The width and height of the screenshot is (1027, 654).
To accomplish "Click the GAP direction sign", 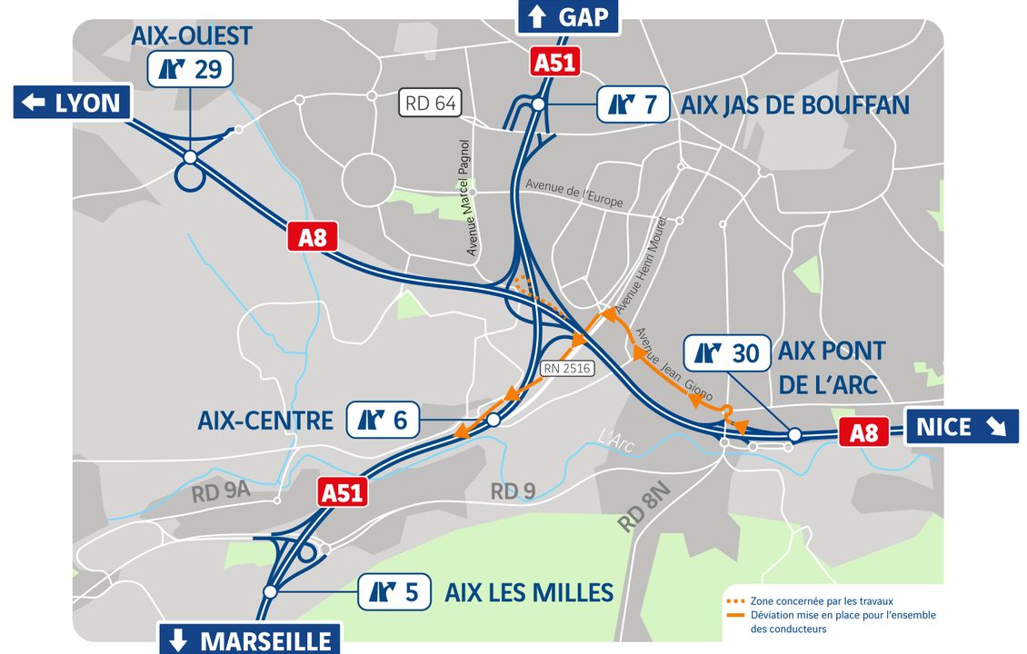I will click(x=568, y=16).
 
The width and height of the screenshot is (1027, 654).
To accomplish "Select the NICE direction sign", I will click(x=962, y=426).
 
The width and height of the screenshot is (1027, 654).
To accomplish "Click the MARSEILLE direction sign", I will click(x=250, y=639).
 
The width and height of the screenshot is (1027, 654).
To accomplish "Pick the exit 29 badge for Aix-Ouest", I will click(x=191, y=69).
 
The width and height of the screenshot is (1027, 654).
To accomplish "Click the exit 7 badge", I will click(x=633, y=104).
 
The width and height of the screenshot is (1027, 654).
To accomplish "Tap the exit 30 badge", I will click(x=725, y=353).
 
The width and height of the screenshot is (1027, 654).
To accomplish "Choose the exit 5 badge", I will click(x=394, y=592).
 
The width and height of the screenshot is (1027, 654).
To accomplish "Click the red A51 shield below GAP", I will click(x=554, y=63).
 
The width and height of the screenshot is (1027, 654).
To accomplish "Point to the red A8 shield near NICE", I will click(x=863, y=432).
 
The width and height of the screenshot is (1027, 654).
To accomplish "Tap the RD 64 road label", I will click(x=431, y=103).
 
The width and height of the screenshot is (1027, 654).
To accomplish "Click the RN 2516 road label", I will click(x=566, y=368).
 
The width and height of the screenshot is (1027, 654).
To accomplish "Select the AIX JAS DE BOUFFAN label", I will click(x=794, y=104).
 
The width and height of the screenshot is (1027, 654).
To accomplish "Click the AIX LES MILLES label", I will click(x=529, y=593).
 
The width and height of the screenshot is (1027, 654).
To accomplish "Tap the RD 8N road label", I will click(x=643, y=508).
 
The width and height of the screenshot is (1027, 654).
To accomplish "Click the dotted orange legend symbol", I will click(x=736, y=601).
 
